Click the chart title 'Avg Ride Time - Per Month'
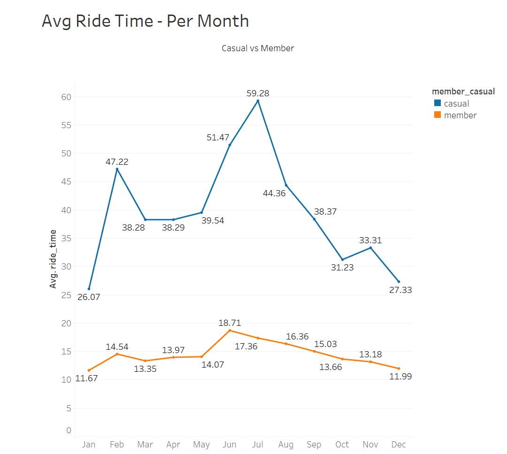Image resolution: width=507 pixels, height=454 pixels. click(145, 21)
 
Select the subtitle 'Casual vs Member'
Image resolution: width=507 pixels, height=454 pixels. click(258, 48)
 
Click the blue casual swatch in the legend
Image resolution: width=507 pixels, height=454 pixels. click(437, 103)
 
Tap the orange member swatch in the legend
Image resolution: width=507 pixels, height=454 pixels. click(437, 115)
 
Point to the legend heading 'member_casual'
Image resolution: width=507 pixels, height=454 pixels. click(463, 92)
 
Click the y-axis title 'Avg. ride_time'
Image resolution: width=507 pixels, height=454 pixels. click(53, 259)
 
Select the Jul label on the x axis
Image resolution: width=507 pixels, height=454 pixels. click(258, 445)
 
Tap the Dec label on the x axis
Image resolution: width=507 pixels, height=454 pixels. click(399, 445)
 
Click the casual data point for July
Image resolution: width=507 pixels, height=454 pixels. click(258, 101)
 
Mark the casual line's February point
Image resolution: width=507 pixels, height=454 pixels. click(117, 169)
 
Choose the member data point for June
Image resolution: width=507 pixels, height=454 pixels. click(230, 331)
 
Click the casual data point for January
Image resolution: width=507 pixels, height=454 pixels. click(89, 289)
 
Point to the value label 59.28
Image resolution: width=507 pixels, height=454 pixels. click(258, 93)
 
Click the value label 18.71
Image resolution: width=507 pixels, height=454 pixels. click(230, 323)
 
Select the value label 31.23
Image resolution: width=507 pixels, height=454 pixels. click(342, 268)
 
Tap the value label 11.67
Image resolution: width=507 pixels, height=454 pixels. click(86, 378)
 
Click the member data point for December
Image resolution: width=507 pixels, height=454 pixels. click(399, 369)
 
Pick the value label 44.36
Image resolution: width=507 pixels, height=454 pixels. click(274, 193)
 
